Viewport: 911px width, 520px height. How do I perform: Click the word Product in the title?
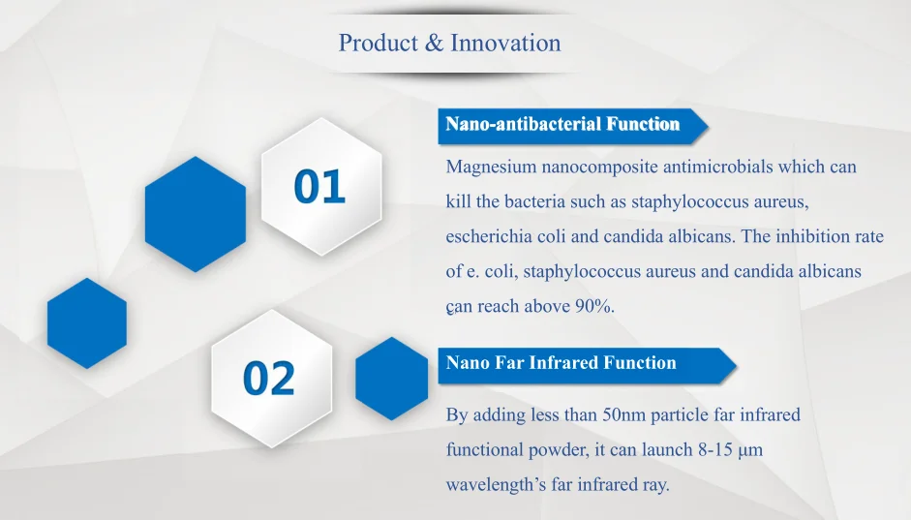[x=379, y=43]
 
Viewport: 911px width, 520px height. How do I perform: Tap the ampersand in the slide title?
[x=434, y=43]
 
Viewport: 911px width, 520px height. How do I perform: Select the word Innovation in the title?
[x=505, y=43]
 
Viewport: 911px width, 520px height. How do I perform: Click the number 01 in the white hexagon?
[x=319, y=187]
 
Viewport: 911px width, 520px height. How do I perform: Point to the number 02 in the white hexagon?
[x=269, y=379]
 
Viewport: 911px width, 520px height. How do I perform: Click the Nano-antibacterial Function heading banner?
[x=573, y=126]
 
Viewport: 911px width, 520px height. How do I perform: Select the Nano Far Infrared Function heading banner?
[x=587, y=365]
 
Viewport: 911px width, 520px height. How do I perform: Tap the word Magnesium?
[x=491, y=168]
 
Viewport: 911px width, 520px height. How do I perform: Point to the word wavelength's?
[x=497, y=485]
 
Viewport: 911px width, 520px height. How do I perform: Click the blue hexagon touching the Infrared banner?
[x=391, y=379]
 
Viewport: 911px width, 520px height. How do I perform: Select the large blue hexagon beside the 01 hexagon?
[x=196, y=214]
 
